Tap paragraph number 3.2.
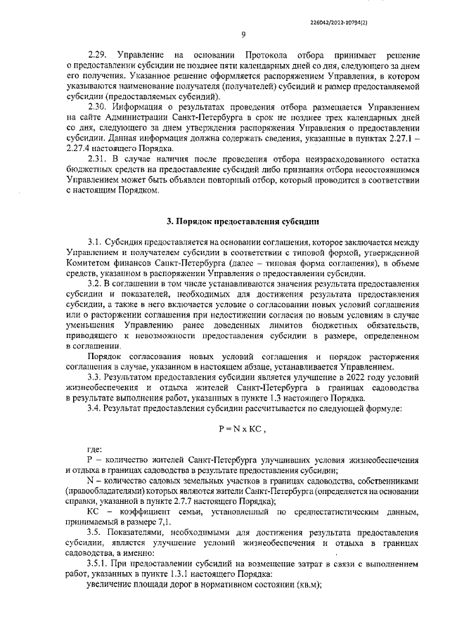pyautogui.click(x=94, y=283)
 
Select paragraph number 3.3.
pyautogui.click(x=94, y=378)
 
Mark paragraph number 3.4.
pyautogui.click(x=94, y=408)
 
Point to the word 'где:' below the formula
pyautogui.click(x=94, y=449)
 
